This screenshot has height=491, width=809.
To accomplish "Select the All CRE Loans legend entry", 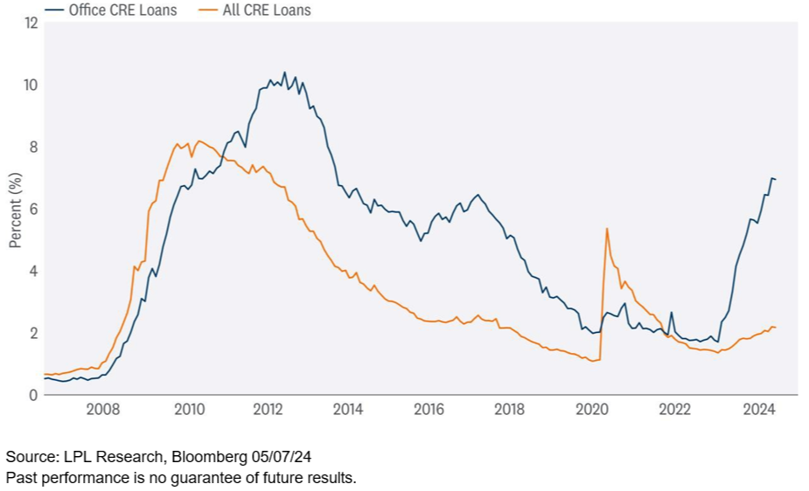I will coord(260,10).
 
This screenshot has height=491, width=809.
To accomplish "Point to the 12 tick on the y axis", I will coord(31,23).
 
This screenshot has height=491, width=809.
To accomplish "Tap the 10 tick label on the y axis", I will coord(31,85).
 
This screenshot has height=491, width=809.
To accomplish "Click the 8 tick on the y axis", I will coord(33,147).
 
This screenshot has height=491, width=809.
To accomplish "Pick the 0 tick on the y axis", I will coord(33,395).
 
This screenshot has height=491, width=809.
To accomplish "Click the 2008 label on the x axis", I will coord(103,409).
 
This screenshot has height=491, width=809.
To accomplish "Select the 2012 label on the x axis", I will coord(266,409).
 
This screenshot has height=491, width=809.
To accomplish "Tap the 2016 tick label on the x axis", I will coord(429,409).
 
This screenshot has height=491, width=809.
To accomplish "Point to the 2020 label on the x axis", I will coord(592,409).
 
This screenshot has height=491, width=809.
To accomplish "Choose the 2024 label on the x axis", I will coord(756,409).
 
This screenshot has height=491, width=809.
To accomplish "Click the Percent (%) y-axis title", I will coord(15,209).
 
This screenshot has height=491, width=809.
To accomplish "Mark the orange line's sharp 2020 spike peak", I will coord(607,228).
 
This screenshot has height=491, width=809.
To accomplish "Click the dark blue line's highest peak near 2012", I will coord(284,73).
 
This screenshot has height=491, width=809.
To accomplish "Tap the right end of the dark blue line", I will coord(776,179).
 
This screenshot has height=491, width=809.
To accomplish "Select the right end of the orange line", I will coord(776,328).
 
